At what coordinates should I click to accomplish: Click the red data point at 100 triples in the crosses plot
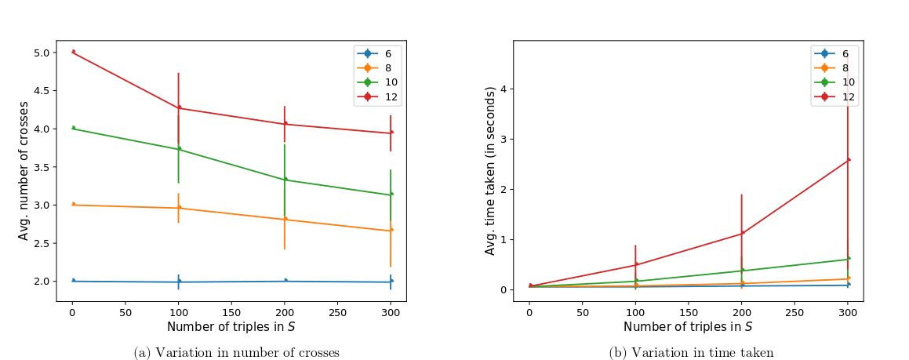coord(179,107)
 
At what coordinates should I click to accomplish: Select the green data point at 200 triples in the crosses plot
coord(285,179)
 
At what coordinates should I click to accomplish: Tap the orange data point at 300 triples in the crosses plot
coord(391,230)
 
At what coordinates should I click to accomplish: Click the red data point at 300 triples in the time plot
coord(849,160)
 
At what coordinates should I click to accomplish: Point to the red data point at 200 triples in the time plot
coord(742,232)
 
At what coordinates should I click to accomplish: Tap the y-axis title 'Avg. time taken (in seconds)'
coord(490,171)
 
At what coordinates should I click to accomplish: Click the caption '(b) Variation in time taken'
coord(692,353)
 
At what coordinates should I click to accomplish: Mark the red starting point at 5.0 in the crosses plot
coord(73,52)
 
